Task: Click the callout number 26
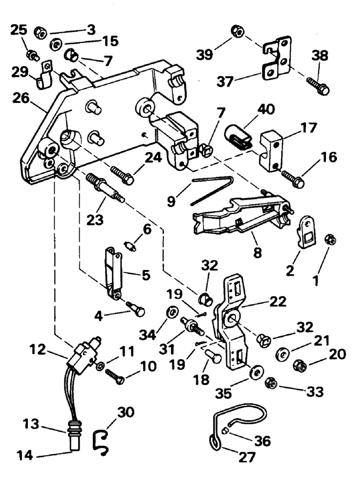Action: [x=21, y=99]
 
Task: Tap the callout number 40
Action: [x=266, y=109]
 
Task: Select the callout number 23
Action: [x=95, y=220]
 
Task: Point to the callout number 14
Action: [x=24, y=455]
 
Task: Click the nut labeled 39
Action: [x=238, y=32]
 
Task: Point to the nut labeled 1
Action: [x=331, y=240]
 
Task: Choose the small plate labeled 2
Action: [x=306, y=231]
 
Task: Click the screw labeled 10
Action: [x=115, y=376]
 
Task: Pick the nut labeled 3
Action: [x=40, y=32]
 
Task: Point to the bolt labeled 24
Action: [x=122, y=175]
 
